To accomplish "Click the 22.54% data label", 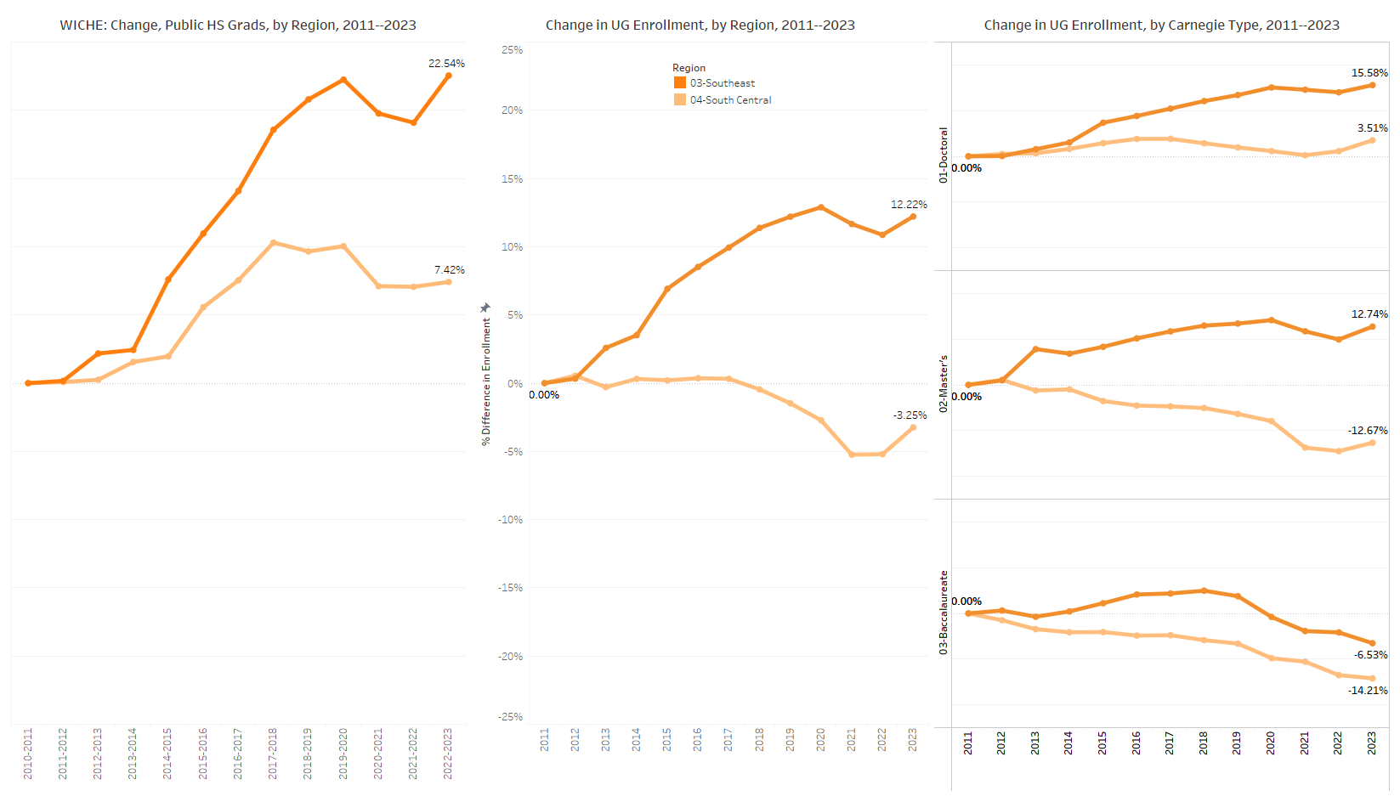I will [446, 64].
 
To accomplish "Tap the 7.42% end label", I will [450, 270].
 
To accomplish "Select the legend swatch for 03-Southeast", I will [680, 83].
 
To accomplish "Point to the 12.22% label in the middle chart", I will [909, 205].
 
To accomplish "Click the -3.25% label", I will [910, 415].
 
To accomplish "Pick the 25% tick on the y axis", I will [512, 50].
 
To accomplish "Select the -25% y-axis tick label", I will [510, 717].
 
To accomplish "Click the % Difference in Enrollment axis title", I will [486, 381].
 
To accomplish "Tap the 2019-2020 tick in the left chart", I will [343, 753].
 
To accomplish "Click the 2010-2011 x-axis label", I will [28, 753].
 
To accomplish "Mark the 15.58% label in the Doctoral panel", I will [1369, 73].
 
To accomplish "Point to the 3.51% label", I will [1372, 128].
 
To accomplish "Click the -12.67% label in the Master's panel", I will [1368, 431].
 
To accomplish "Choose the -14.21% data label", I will [1368, 691].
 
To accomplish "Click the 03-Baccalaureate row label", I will [944, 613].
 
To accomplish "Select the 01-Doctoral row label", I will [944, 155].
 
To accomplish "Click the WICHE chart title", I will [238, 25].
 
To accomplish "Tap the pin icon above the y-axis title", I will [485, 308].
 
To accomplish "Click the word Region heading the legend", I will [689, 68].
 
